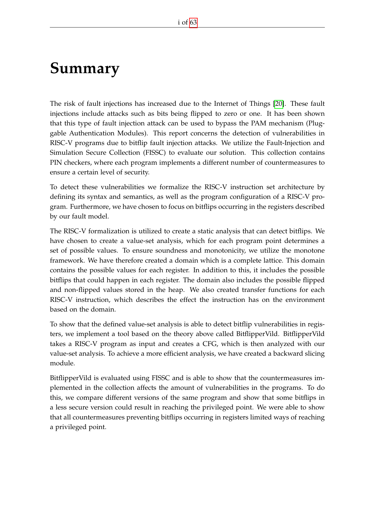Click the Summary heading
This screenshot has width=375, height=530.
85,68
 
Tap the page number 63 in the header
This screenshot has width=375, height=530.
193,22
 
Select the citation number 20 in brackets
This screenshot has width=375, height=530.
279,104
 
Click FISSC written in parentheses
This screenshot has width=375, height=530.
155,153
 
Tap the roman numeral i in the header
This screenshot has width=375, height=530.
179,22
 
